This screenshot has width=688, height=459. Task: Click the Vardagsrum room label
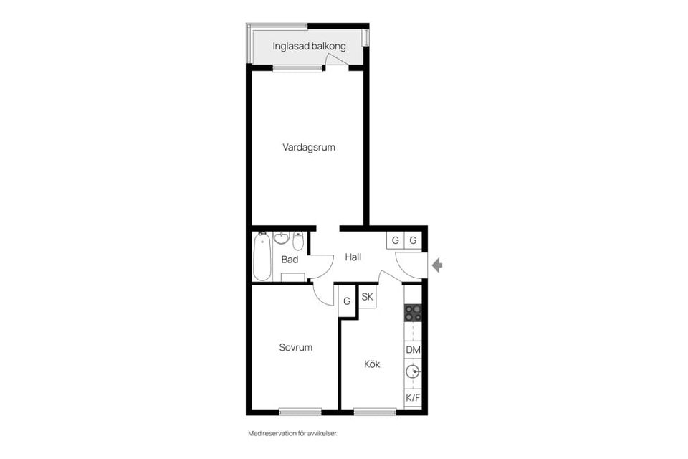tap(309, 148)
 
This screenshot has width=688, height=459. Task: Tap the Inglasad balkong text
tap(309, 47)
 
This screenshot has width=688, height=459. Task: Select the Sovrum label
tap(295, 348)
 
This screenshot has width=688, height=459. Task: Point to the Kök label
tap(372, 364)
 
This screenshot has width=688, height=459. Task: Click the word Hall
tap(353, 257)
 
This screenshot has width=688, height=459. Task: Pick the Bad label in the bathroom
tap(290, 260)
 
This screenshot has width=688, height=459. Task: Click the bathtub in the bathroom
tap(262, 256)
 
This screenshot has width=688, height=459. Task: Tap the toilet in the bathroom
tap(298, 240)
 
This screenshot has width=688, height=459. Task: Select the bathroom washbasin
tap(281, 238)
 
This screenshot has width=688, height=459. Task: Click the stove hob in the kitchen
tap(413, 313)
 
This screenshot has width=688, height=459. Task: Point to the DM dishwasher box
tap(413, 349)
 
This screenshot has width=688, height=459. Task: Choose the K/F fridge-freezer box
tap(413, 397)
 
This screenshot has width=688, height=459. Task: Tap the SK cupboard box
tap(367, 297)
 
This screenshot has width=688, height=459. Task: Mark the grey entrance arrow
tap(436, 266)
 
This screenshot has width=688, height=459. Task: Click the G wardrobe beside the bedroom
tap(347, 301)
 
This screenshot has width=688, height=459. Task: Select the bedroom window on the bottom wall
tap(300, 412)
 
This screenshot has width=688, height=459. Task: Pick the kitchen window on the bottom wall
tap(375, 412)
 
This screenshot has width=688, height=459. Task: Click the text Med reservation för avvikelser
tap(292, 434)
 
